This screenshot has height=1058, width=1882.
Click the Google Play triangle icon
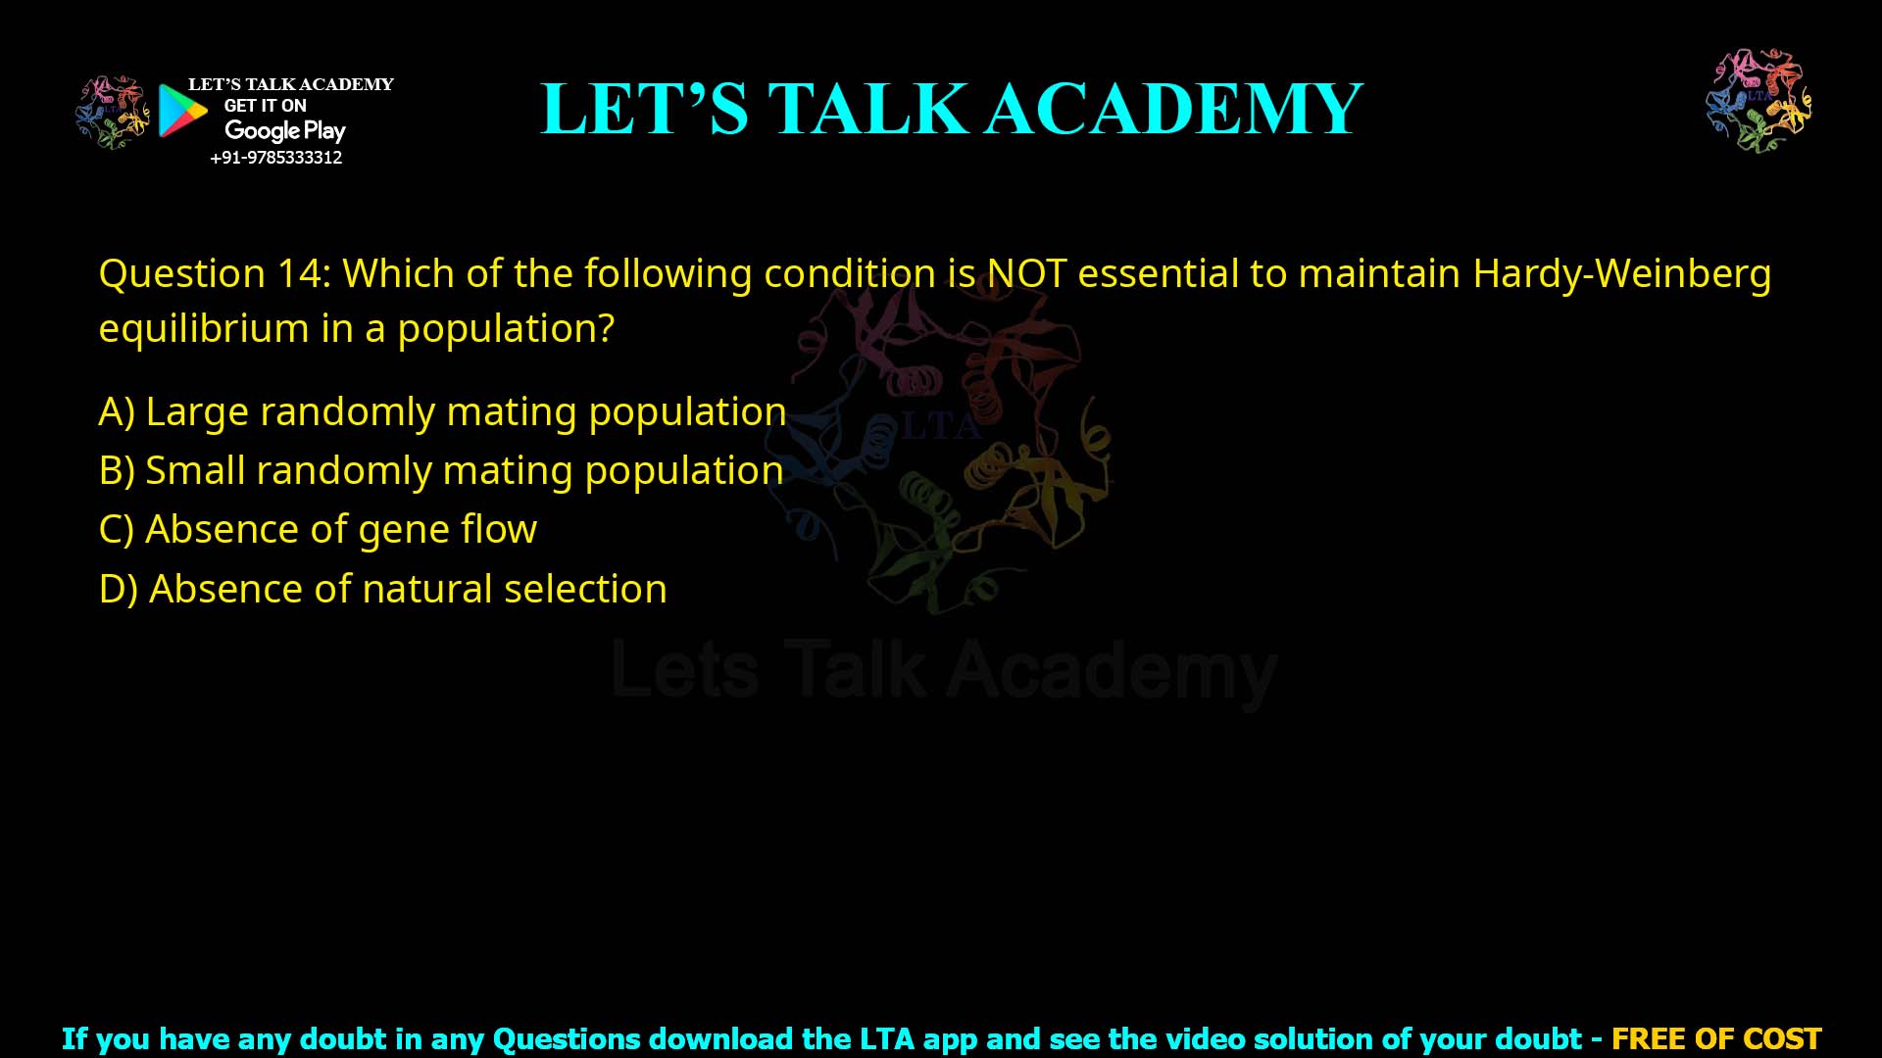point(181,111)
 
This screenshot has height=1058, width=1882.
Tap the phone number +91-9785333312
point(276,158)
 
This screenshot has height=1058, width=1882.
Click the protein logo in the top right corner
point(1758,100)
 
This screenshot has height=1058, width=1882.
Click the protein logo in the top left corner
point(113,112)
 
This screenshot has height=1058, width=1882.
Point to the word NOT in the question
point(1026,273)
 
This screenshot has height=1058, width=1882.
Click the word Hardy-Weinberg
point(1621,273)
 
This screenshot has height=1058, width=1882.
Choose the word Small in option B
point(195,470)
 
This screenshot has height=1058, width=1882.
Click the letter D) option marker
point(118,589)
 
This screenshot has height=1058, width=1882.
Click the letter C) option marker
point(116,529)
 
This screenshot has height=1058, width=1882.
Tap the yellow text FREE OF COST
point(1715,1038)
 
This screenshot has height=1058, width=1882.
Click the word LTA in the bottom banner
point(887,1038)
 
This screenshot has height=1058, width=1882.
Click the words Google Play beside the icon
point(284,130)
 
